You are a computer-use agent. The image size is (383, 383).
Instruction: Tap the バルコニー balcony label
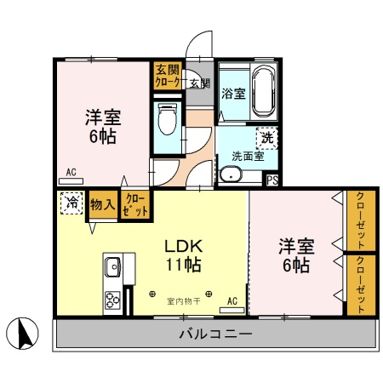[x=215, y=334]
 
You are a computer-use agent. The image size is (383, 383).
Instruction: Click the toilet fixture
[x=167, y=119]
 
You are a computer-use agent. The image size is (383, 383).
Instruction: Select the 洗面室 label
[x=247, y=156]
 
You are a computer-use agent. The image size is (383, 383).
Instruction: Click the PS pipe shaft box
[x=272, y=180]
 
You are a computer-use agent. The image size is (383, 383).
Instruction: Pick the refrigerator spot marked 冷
[x=71, y=204]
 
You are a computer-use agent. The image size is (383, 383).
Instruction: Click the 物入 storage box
[x=103, y=205]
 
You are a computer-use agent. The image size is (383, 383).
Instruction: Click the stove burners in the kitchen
[x=113, y=299]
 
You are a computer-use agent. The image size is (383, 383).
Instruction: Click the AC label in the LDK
[x=232, y=300]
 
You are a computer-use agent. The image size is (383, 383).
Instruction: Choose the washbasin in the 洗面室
[x=230, y=175]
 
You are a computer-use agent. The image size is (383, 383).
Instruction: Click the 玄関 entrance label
[x=199, y=83]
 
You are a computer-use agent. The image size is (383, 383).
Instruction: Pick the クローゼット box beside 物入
[x=134, y=205]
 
